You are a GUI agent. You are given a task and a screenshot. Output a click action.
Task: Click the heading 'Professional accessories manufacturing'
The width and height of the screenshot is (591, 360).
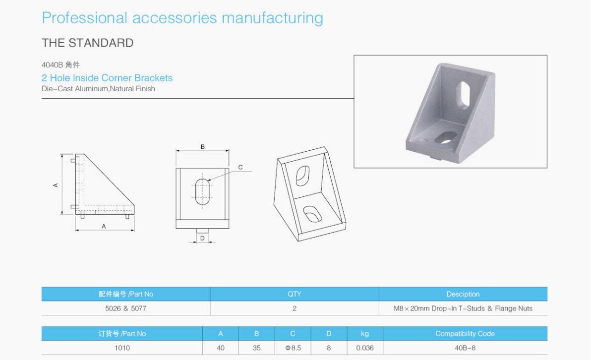[x=182, y=18]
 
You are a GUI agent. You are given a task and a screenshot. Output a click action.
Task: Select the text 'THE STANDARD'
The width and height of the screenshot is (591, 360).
[x=87, y=43]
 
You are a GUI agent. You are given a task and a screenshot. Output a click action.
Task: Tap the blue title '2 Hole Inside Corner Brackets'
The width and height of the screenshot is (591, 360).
[x=107, y=78]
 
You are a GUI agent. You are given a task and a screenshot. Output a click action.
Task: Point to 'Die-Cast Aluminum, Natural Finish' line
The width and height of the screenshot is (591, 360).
[x=98, y=89]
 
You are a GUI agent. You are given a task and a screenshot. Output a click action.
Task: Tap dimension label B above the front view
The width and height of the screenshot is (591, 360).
[x=202, y=147]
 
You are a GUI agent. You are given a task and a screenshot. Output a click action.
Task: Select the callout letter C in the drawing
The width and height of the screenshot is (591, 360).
[x=240, y=168]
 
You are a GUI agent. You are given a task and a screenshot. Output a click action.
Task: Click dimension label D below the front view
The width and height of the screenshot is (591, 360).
[x=202, y=238]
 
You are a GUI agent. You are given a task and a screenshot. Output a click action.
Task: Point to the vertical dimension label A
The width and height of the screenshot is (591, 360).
[x=56, y=185]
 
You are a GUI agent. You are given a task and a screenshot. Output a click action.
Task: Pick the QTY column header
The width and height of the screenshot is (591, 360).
[x=295, y=294]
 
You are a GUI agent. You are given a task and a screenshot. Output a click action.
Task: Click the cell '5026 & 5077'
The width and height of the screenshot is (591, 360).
[x=125, y=308]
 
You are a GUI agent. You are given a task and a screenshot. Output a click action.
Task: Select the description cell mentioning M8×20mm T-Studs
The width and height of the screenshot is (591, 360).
[x=463, y=308]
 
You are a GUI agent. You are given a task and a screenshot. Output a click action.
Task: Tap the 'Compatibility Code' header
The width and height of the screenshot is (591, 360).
[x=465, y=334]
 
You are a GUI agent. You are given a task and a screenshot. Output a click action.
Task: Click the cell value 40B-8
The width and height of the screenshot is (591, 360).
[x=465, y=348]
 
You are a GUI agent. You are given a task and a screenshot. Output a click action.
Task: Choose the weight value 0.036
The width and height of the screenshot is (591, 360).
[x=365, y=348]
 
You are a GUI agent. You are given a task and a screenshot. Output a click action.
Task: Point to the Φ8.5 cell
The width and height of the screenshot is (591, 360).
[x=293, y=348]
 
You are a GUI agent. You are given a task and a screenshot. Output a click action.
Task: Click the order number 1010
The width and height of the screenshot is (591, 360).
[x=122, y=348]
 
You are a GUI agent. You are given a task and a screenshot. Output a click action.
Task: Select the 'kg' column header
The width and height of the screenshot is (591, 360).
[x=365, y=334]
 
